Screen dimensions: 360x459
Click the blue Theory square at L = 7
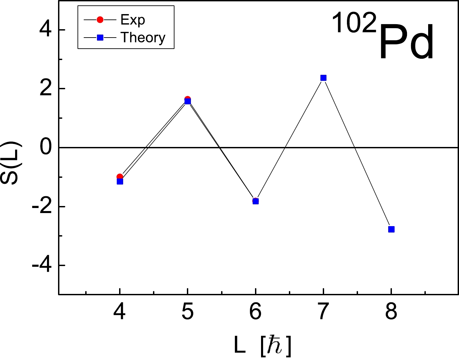point(323,78)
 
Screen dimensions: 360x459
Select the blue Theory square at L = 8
point(391,229)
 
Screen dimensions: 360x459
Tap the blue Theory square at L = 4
point(120,182)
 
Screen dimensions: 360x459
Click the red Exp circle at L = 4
point(120,176)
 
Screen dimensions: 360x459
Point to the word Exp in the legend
point(133,20)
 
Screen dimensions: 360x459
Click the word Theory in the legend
point(143,37)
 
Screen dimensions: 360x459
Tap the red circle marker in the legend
point(100,20)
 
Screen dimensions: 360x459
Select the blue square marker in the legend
point(100,38)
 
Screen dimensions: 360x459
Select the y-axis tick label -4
point(42,265)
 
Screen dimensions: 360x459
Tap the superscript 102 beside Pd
point(354,24)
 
